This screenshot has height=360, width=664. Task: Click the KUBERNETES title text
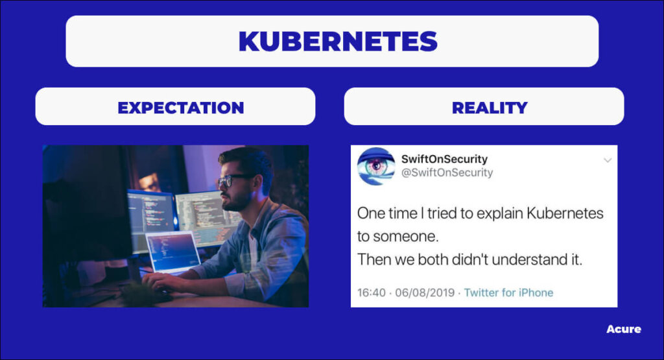click(338, 41)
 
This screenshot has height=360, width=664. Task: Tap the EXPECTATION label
click(181, 108)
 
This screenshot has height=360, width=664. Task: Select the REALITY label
click(490, 108)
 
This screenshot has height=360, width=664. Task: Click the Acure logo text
click(623, 329)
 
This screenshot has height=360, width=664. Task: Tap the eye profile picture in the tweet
click(376, 166)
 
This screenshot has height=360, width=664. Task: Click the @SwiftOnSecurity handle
click(447, 173)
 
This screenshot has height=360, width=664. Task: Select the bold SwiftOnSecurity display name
click(444, 159)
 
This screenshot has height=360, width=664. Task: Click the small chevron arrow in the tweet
click(608, 160)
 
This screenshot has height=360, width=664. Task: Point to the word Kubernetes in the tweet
click(565, 213)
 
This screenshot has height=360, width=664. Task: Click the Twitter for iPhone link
click(508, 293)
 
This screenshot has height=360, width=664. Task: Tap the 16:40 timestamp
click(372, 293)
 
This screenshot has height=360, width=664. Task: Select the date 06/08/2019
click(425, 293)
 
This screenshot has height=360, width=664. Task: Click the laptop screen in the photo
click(172, 251)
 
